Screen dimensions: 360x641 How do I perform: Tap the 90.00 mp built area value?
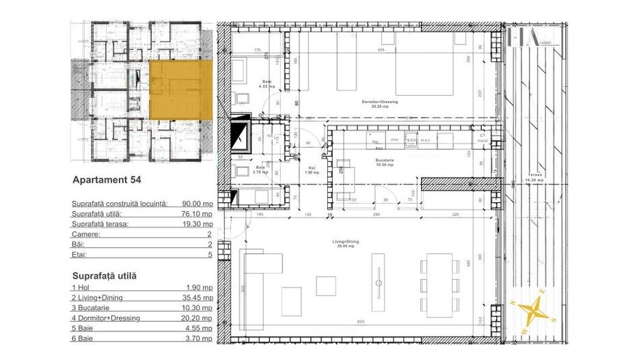[197, 204]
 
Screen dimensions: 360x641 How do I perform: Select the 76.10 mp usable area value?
[197, 214]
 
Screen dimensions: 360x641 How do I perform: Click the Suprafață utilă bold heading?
[104, 276]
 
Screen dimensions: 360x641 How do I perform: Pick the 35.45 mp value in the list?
[197, 299]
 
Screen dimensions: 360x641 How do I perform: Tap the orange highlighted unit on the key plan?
[180, 89]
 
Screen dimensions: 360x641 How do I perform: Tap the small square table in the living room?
[326, 285]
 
